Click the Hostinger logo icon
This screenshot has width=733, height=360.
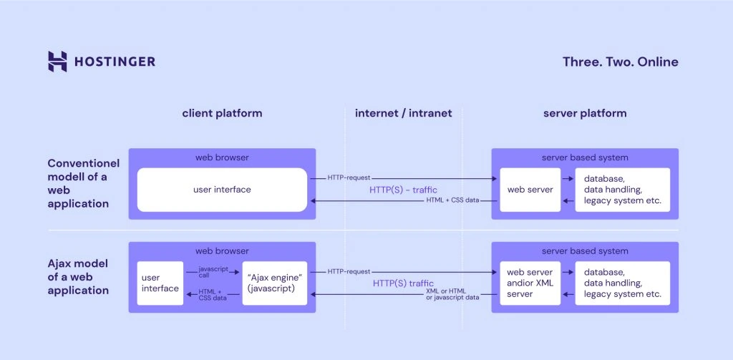click(57, 62)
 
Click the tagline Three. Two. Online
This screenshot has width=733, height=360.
click(620, 62)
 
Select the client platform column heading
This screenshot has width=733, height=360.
click(222, 113)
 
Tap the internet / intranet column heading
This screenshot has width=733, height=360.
click(404, 113)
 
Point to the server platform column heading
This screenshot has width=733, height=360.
click(585, 113)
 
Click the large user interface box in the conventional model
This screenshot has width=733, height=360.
click(222, 190)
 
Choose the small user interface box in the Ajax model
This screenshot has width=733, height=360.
click(160, 283)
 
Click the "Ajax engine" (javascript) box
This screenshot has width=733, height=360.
click(275, 283)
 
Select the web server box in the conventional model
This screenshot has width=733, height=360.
click(530, 190)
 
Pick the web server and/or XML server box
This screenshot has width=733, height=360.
click(530, 283)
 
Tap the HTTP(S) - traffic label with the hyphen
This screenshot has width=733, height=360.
click(403, 190)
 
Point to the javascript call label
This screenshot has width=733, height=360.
click(212, 272)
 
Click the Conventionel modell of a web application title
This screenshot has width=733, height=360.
click(83, 183)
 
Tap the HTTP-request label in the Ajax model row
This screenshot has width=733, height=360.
click(349, 272)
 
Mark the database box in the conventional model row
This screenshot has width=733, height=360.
click(622, 190)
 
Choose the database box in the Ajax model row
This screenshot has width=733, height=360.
click(622, 283)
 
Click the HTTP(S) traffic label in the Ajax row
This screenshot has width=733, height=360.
click(403, 283)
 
